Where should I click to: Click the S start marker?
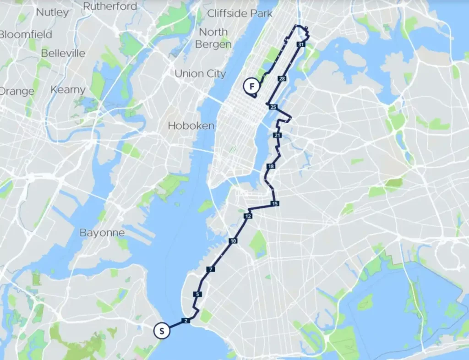click(x=162, y=330)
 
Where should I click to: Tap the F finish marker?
click(x=251, y=86)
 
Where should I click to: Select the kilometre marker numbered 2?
click(x=185, y=321)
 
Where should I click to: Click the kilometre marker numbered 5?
click(x=197, y=294)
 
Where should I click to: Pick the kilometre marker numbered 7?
click(x=210, y=269)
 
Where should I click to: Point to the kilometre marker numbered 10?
click(x=233, y=241)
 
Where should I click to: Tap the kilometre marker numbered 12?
click(x=248, y=216)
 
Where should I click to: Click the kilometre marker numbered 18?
click(x=271, y=166)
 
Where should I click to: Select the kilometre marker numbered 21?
click(x=277, y=136)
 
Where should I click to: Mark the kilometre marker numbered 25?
click(x=273, y=107)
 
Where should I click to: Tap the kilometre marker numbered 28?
click(x=282, y=79)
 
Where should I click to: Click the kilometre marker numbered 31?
click(x=300, y=45)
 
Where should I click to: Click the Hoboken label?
click(x=191, y=125)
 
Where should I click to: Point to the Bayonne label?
click(x=102, y=233)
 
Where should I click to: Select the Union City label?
click(x=200, y=73)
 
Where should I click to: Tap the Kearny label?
click(x=68, y=90)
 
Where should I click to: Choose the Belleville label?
click(x=63, y=53)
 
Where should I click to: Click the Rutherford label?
click(x=110, y=6)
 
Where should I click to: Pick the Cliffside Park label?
click(x=240, y=13)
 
